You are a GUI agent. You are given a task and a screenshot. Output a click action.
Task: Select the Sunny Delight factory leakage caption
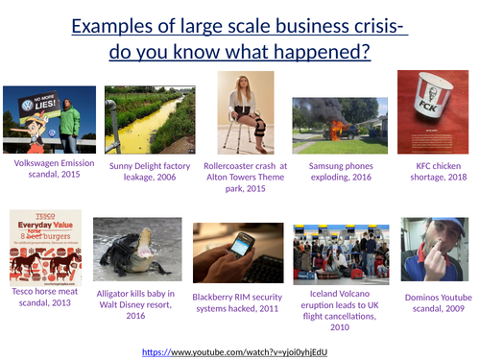click(x=149, y=171)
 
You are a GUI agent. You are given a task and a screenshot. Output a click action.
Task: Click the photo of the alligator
click(x=140, y=252)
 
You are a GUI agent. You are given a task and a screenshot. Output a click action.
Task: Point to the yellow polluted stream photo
click(x=149, y=120)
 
